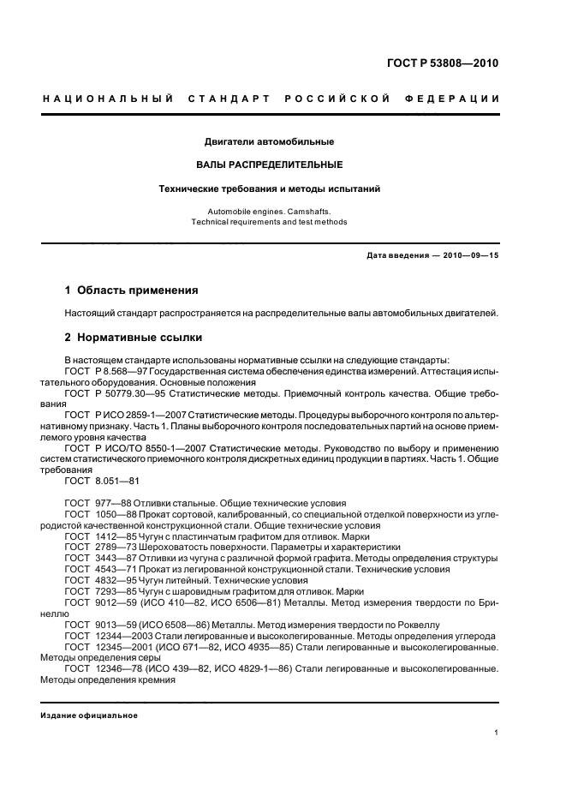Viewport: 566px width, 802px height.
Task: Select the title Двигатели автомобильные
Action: (x=270, y=141)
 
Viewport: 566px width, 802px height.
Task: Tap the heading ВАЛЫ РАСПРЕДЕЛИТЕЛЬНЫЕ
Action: (x=270, y=164)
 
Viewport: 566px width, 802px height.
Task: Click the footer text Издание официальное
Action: (x=89, y=715)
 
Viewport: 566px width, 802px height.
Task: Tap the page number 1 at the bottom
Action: (x=497, y=733)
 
